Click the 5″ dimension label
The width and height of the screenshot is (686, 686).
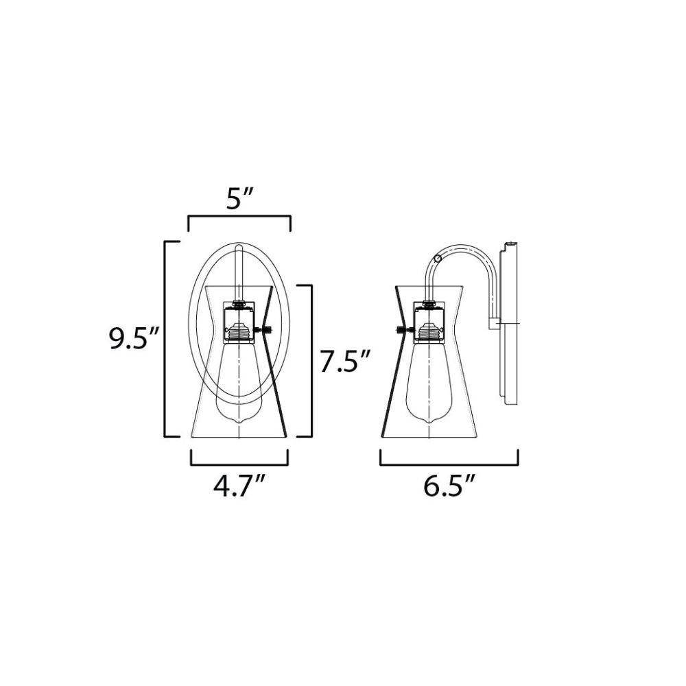pos(240,199)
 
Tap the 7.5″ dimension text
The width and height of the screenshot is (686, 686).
pos(346,362)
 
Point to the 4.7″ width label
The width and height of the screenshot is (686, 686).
pos(239,486)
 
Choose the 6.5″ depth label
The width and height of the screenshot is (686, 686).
pos(449,486)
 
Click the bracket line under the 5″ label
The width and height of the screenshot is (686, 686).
pos(239,216)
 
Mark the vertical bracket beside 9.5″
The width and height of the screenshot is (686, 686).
pos(165,339)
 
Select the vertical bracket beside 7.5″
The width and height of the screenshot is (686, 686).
pos(311,361)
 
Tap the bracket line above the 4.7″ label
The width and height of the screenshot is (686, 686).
pos(239,464)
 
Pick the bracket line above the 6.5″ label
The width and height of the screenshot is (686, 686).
pos(449,464)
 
